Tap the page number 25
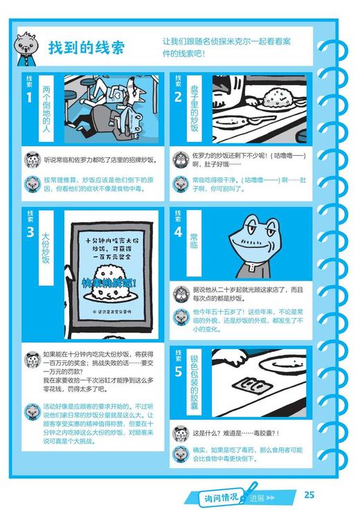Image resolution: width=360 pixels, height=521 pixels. [x=309, y=494]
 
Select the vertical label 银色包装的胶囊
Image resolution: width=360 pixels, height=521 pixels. [x=196, y=385]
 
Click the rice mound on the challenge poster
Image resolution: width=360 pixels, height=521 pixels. [x=113, y=304]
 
